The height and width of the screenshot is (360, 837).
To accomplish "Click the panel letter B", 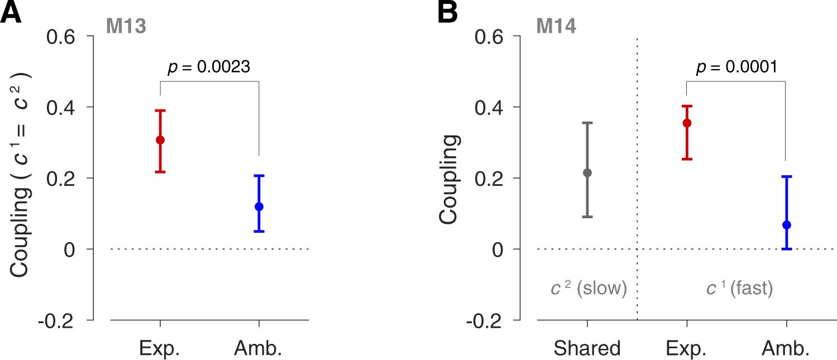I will [448, 12].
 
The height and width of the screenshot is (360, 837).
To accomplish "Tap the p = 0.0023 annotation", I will [209, 67].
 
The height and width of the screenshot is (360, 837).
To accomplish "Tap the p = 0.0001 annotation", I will [736, 67].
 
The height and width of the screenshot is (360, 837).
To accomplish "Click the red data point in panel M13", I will [160, 140].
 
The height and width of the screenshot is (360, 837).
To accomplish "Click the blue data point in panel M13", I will [259, 207].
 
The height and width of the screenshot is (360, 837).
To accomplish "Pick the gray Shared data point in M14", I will [587, 173].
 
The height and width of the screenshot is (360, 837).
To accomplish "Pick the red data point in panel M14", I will [687, 123].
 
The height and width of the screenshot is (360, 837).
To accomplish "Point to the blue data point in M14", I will [786, 225].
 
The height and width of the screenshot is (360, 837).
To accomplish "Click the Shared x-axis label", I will [587, 349].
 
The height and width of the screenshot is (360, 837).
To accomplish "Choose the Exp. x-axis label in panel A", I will [160, 349].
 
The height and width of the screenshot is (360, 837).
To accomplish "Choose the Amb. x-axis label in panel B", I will [786, 349].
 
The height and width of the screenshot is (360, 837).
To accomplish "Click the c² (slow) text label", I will [589, 289].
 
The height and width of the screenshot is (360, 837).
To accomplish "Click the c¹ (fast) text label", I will [739, 289].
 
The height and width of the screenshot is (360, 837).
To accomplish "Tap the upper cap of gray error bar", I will [587, 123].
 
